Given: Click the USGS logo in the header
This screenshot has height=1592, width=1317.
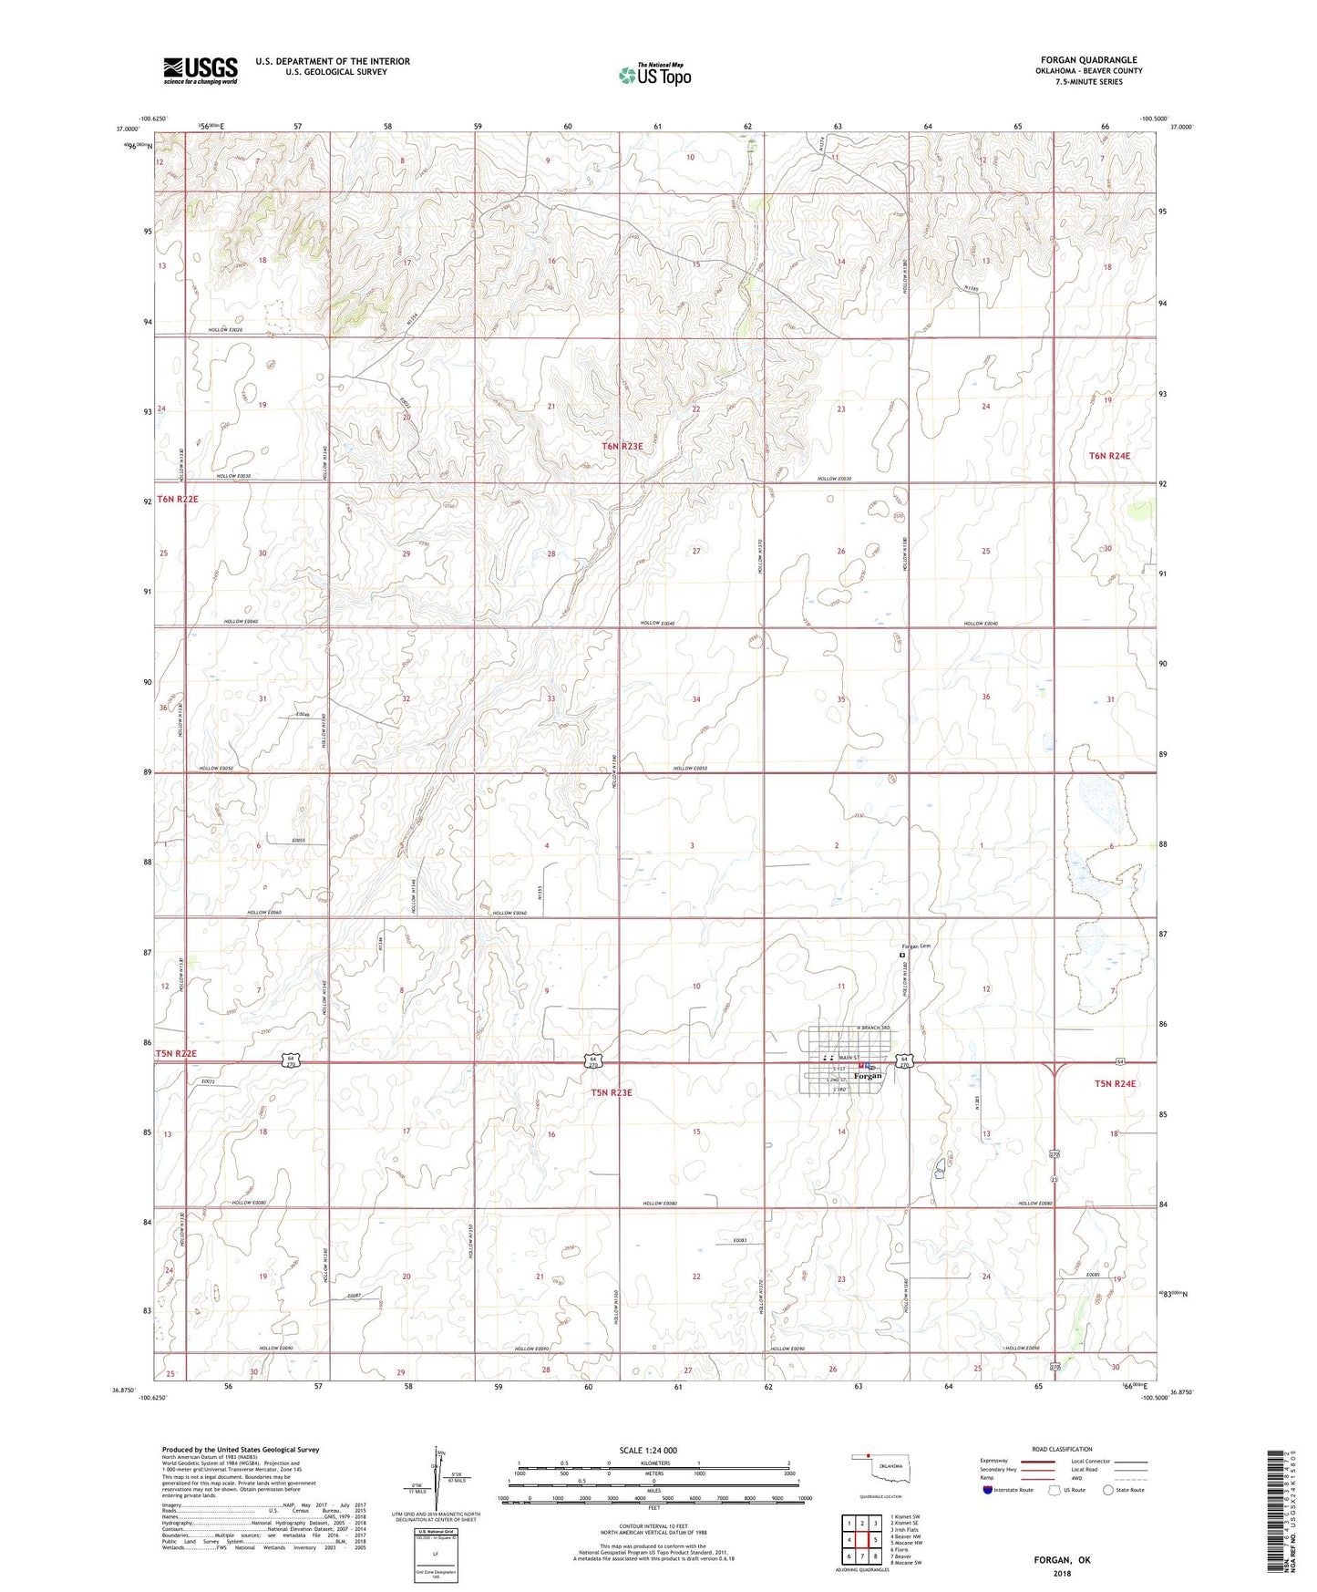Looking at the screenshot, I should tap(201, 70).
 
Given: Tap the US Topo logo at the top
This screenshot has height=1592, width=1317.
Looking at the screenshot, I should tap(653, 76).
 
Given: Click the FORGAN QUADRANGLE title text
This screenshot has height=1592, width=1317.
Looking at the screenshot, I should tap(1088, 60).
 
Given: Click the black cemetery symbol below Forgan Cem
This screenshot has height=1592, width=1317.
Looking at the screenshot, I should tap(901, 956).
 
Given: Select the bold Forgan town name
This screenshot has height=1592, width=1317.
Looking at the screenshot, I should tap(868, 1076).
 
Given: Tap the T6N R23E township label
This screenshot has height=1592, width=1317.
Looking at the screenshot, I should tap(622, 446).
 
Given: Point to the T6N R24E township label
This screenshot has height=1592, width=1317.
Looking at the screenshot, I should tap(1115, 455).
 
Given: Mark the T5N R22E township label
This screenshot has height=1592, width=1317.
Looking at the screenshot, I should tap(177, 1053).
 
